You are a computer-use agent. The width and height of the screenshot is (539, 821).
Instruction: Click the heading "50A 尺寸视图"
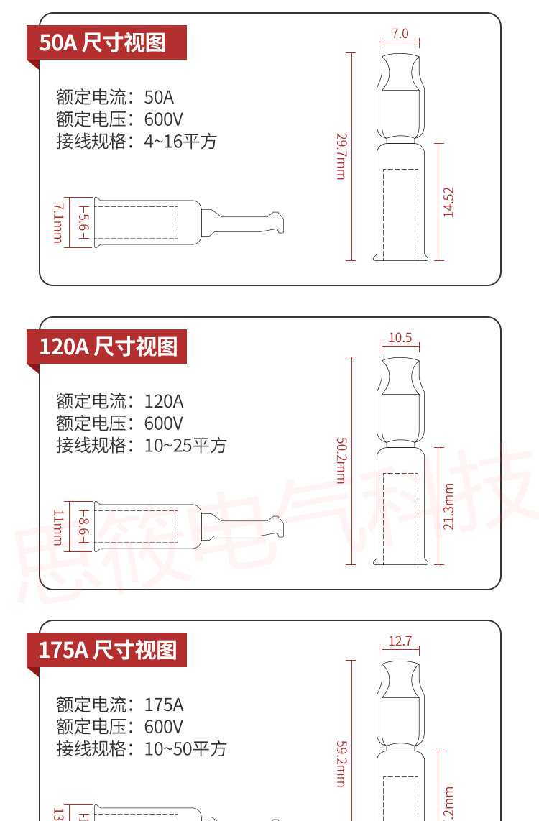click(102, 42)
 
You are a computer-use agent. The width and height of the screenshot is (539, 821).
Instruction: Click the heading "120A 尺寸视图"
click(108, 347)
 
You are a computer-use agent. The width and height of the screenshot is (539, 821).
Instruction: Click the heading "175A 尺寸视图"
click(108, 650)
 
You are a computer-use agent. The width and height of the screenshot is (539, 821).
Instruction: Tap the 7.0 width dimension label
click(400, 34)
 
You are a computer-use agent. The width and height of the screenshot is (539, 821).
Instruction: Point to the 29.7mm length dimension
click(341, 156)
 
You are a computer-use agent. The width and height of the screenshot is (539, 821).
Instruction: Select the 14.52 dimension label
click(448, 202)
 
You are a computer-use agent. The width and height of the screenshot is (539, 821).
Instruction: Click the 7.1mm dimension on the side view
click(57, 223)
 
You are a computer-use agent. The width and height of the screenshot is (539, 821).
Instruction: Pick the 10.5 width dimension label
click(400, 338)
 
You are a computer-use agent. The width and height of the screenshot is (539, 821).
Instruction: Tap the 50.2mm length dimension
click(341, 460)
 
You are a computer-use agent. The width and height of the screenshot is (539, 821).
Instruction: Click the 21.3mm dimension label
click(448, 506)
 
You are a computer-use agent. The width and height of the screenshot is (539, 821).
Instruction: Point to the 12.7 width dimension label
click(400, 641)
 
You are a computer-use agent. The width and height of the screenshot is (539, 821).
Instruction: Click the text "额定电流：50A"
click(115, 97)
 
